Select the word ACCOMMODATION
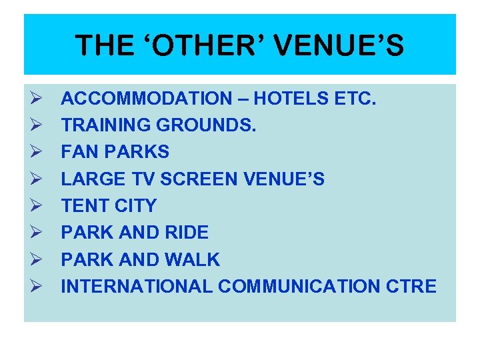pos(145,99)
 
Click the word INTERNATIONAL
pos(137,287)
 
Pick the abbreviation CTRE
pos(411,287)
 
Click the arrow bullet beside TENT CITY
pos(36,206)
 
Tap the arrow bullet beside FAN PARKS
pos(36,153)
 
